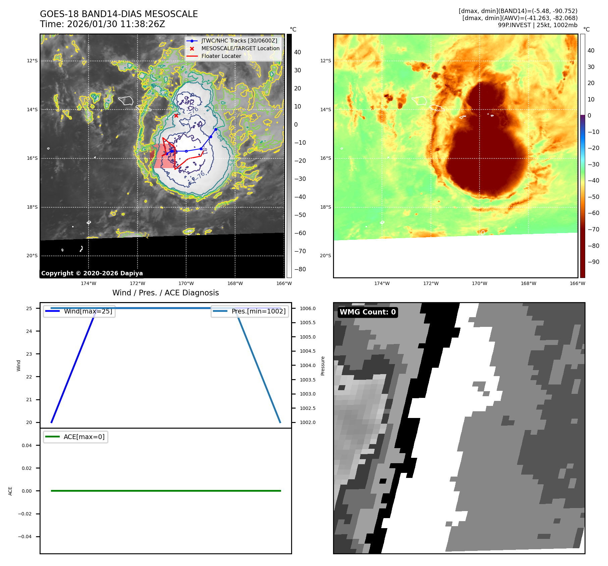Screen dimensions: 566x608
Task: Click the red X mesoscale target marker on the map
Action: [176, 116]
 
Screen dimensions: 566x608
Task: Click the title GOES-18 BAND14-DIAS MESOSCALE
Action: [119, 14]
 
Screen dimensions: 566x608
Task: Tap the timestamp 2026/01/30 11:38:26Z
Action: [116, 24]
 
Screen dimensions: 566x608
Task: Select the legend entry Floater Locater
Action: [221, 56]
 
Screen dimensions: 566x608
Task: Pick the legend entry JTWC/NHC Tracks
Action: [239, 41]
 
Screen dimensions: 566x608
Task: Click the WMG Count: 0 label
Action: [368, 312]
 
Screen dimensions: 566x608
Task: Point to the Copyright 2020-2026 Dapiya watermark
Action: [92, 273]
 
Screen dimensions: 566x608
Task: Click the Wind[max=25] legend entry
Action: [88, 311]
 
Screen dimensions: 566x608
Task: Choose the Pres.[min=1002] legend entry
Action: [258, 311]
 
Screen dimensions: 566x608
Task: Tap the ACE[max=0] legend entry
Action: [84, 437]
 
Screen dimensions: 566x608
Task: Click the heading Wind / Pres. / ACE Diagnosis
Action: [165, 293]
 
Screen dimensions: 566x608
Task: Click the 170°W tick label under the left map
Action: [186, 283]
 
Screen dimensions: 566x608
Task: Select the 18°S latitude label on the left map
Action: [32, 207]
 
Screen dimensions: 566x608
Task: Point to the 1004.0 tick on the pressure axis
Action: [308, 365]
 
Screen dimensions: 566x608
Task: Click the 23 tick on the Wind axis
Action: [29, 354]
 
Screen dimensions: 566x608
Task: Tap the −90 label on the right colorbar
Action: [593, 262]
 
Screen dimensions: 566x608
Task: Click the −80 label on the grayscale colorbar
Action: [300, 269]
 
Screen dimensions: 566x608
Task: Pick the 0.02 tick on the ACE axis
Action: [27, 468]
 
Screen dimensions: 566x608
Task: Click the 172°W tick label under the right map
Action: [431, 283]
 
